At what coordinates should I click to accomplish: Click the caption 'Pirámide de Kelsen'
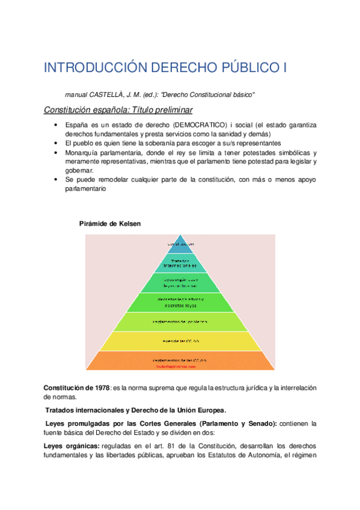(110, 224)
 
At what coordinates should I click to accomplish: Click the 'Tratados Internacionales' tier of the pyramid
(180, 263)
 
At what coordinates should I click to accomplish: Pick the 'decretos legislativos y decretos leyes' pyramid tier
(180, 302)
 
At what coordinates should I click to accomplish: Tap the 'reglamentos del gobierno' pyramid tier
(180, 322)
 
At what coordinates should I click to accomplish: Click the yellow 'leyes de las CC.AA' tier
(180, 341)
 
